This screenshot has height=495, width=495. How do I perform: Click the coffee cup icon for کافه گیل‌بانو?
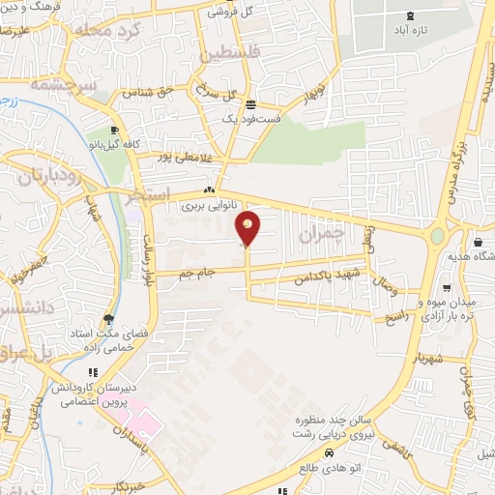(x=115, y=130)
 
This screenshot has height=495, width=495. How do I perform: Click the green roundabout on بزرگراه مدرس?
(x=437, y=235)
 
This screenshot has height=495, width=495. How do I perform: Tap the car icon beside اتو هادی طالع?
(x=330, y=453)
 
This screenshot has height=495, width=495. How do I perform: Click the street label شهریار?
(x=425, y=359)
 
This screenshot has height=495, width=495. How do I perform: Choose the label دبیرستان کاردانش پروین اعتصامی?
(x=91, y=392)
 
